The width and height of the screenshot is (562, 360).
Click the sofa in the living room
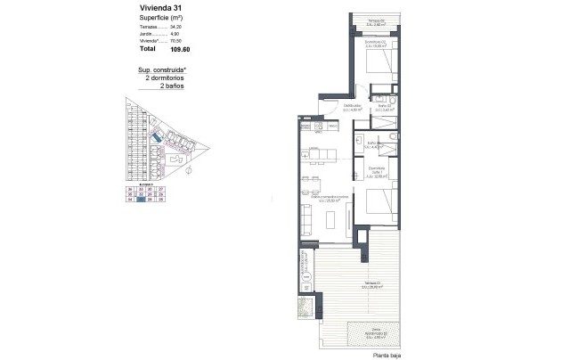[306, 217]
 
